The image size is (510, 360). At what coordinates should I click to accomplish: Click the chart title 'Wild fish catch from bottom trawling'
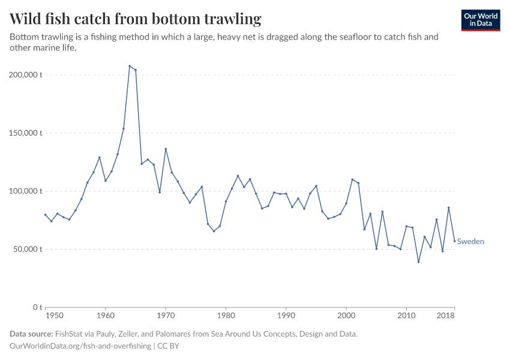pos(136,19)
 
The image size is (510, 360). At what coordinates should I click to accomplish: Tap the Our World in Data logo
pos(480,20)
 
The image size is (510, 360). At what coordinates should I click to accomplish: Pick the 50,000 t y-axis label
pos(26,249)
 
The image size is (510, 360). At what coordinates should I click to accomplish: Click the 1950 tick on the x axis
pos(54,315)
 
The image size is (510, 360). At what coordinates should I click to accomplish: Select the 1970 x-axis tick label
pos(166,315)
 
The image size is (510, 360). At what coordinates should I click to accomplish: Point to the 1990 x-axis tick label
pos(286,315)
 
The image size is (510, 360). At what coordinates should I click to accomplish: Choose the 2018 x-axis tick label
pos(446,315)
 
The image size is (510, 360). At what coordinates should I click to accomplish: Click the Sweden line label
pos(470,242)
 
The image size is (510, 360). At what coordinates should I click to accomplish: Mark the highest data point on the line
pos(130,66)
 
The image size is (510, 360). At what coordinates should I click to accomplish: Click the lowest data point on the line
pos(419,262)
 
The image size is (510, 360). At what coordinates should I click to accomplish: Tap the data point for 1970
pos(166,149)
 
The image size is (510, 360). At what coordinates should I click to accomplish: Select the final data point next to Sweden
pos(454,241)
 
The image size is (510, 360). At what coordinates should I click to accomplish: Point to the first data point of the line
pos(46,215)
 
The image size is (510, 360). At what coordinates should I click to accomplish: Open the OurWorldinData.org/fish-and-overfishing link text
pos(80,346)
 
